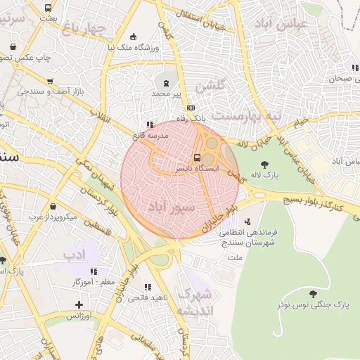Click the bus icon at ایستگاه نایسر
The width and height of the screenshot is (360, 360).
[x=196, y=157]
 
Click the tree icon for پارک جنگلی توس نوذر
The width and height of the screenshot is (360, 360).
[x=313, y=293]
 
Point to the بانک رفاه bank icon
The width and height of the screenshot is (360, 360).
[x=191, y=108]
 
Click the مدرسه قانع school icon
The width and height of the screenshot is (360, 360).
[x=149, y=124]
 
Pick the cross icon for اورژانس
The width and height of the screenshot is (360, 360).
[x=79, y=305]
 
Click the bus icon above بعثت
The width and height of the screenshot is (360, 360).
[x=48, y=8]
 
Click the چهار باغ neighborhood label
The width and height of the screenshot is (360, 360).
[x=82, y=28]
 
